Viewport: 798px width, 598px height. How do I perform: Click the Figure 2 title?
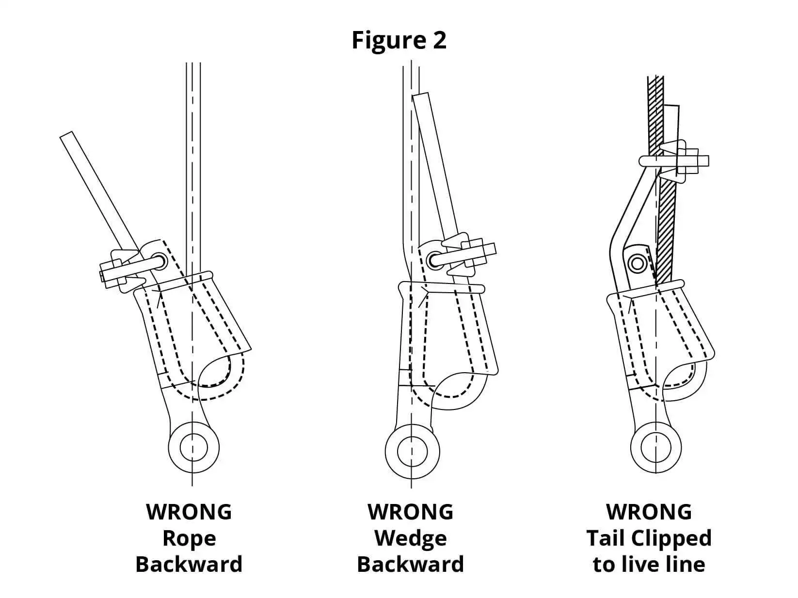coord(399,40)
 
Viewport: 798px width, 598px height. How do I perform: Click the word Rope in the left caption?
coord(189,538)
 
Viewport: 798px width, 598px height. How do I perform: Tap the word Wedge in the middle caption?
coord(410,538)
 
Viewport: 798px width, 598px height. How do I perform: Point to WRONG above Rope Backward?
coord(189,512)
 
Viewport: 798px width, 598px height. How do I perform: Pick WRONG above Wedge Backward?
coord(410,512)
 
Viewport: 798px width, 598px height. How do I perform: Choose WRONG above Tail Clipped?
coord(649,512)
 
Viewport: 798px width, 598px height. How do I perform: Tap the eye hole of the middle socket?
coord(412,451)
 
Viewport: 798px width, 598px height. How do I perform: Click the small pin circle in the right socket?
coord(637,264)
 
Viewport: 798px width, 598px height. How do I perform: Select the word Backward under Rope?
coord(189,565)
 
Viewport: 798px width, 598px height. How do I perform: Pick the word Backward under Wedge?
coord(410,565)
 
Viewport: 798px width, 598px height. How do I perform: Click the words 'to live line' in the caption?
coord(649,565)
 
